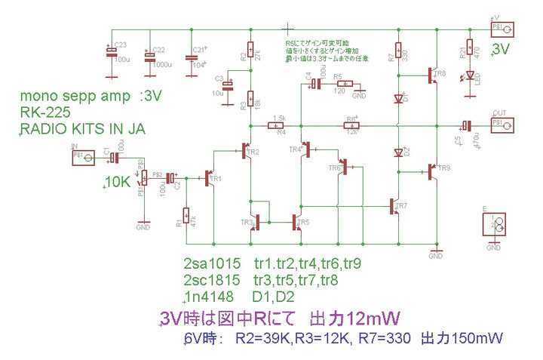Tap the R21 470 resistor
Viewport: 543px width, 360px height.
469,49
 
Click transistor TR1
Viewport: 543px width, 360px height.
210,179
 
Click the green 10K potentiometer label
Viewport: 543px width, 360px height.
118,183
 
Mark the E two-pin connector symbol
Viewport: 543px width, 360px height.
493,224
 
